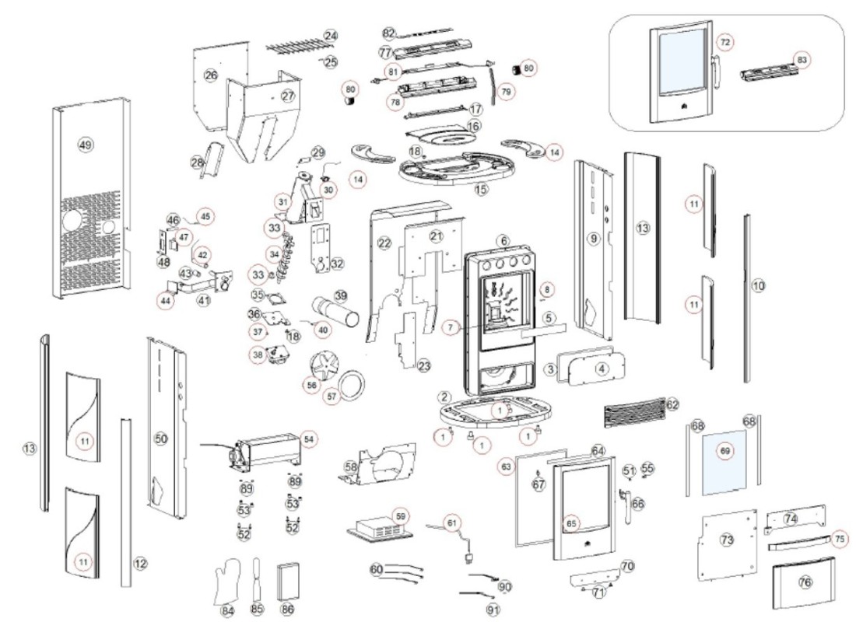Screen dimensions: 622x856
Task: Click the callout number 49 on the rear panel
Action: pyautogui.click(x=86, y=144)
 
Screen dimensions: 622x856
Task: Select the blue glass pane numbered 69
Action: pyautogui.click(x=724, y=463)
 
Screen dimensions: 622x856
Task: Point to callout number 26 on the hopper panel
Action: pyautogui.click(x=211, y=75)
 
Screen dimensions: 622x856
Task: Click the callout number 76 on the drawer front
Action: pyautogui.click(x=805, y=582)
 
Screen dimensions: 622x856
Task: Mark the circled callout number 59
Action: pyautogui.click(x=401, y=515)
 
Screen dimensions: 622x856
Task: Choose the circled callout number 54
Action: pyautogui.click(x=310, y=439)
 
